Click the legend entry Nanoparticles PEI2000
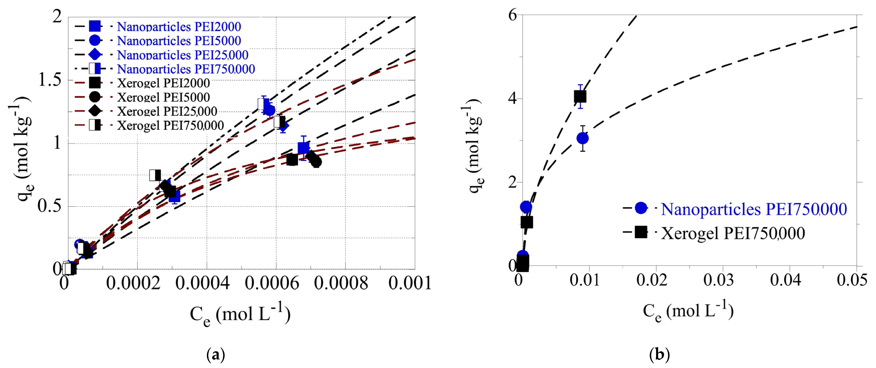(x=179, y=27)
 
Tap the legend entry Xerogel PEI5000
(x=163, y=97)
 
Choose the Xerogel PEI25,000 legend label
(x=167, y=111)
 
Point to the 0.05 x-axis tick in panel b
(x=852, y=280)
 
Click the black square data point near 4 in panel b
(x=580, y=97)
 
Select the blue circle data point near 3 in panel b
(x=583, y=138)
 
